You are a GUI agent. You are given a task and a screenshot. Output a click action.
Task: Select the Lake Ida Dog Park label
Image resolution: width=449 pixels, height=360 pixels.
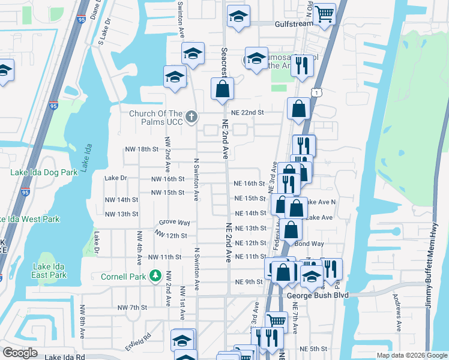(44, 172)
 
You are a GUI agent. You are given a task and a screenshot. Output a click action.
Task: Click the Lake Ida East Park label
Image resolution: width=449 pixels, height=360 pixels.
(50, 271)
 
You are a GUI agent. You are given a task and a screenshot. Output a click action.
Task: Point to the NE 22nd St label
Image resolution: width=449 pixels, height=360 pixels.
(249, 112)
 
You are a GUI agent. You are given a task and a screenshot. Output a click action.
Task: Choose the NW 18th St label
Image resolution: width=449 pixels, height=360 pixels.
(141, 149)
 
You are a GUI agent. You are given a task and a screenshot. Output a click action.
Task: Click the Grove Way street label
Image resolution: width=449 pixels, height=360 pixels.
(174, 222)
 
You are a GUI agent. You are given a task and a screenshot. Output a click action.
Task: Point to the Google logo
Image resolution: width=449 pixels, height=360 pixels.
(20, 352)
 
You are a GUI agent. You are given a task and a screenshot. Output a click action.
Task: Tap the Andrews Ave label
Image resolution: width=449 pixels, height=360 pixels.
(397, 312)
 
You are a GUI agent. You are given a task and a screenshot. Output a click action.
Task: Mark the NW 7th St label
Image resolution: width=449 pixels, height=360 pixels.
(132, 307)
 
